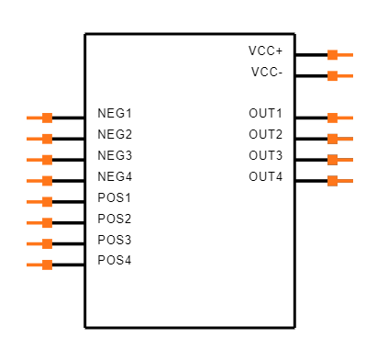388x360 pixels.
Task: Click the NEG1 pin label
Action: (115, 114)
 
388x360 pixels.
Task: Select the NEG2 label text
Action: (115, 135)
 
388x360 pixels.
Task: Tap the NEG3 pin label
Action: (115, 156)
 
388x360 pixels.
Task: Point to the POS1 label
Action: (115, 197)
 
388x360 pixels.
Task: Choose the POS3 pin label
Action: (115, 240)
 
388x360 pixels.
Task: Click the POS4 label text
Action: (115, 261)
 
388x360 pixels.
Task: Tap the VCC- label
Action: (266, 72)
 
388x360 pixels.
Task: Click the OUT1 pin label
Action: (265, 114)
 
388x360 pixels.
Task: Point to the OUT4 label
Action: (265, 176)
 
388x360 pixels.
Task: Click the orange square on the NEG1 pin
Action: (48, 118)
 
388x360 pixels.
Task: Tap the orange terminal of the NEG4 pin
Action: (48, 181)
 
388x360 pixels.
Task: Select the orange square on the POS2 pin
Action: (48, 223)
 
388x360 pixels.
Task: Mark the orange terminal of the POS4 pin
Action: (48, 264)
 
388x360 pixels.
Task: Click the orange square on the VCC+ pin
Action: (333, 55)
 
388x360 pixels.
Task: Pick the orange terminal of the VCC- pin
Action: (333, 76)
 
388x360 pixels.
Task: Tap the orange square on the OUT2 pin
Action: (333, 139)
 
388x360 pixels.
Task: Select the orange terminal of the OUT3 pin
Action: (333, 160)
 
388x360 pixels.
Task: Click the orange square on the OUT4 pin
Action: (333, 181)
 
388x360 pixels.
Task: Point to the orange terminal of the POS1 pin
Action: (48, 202)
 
